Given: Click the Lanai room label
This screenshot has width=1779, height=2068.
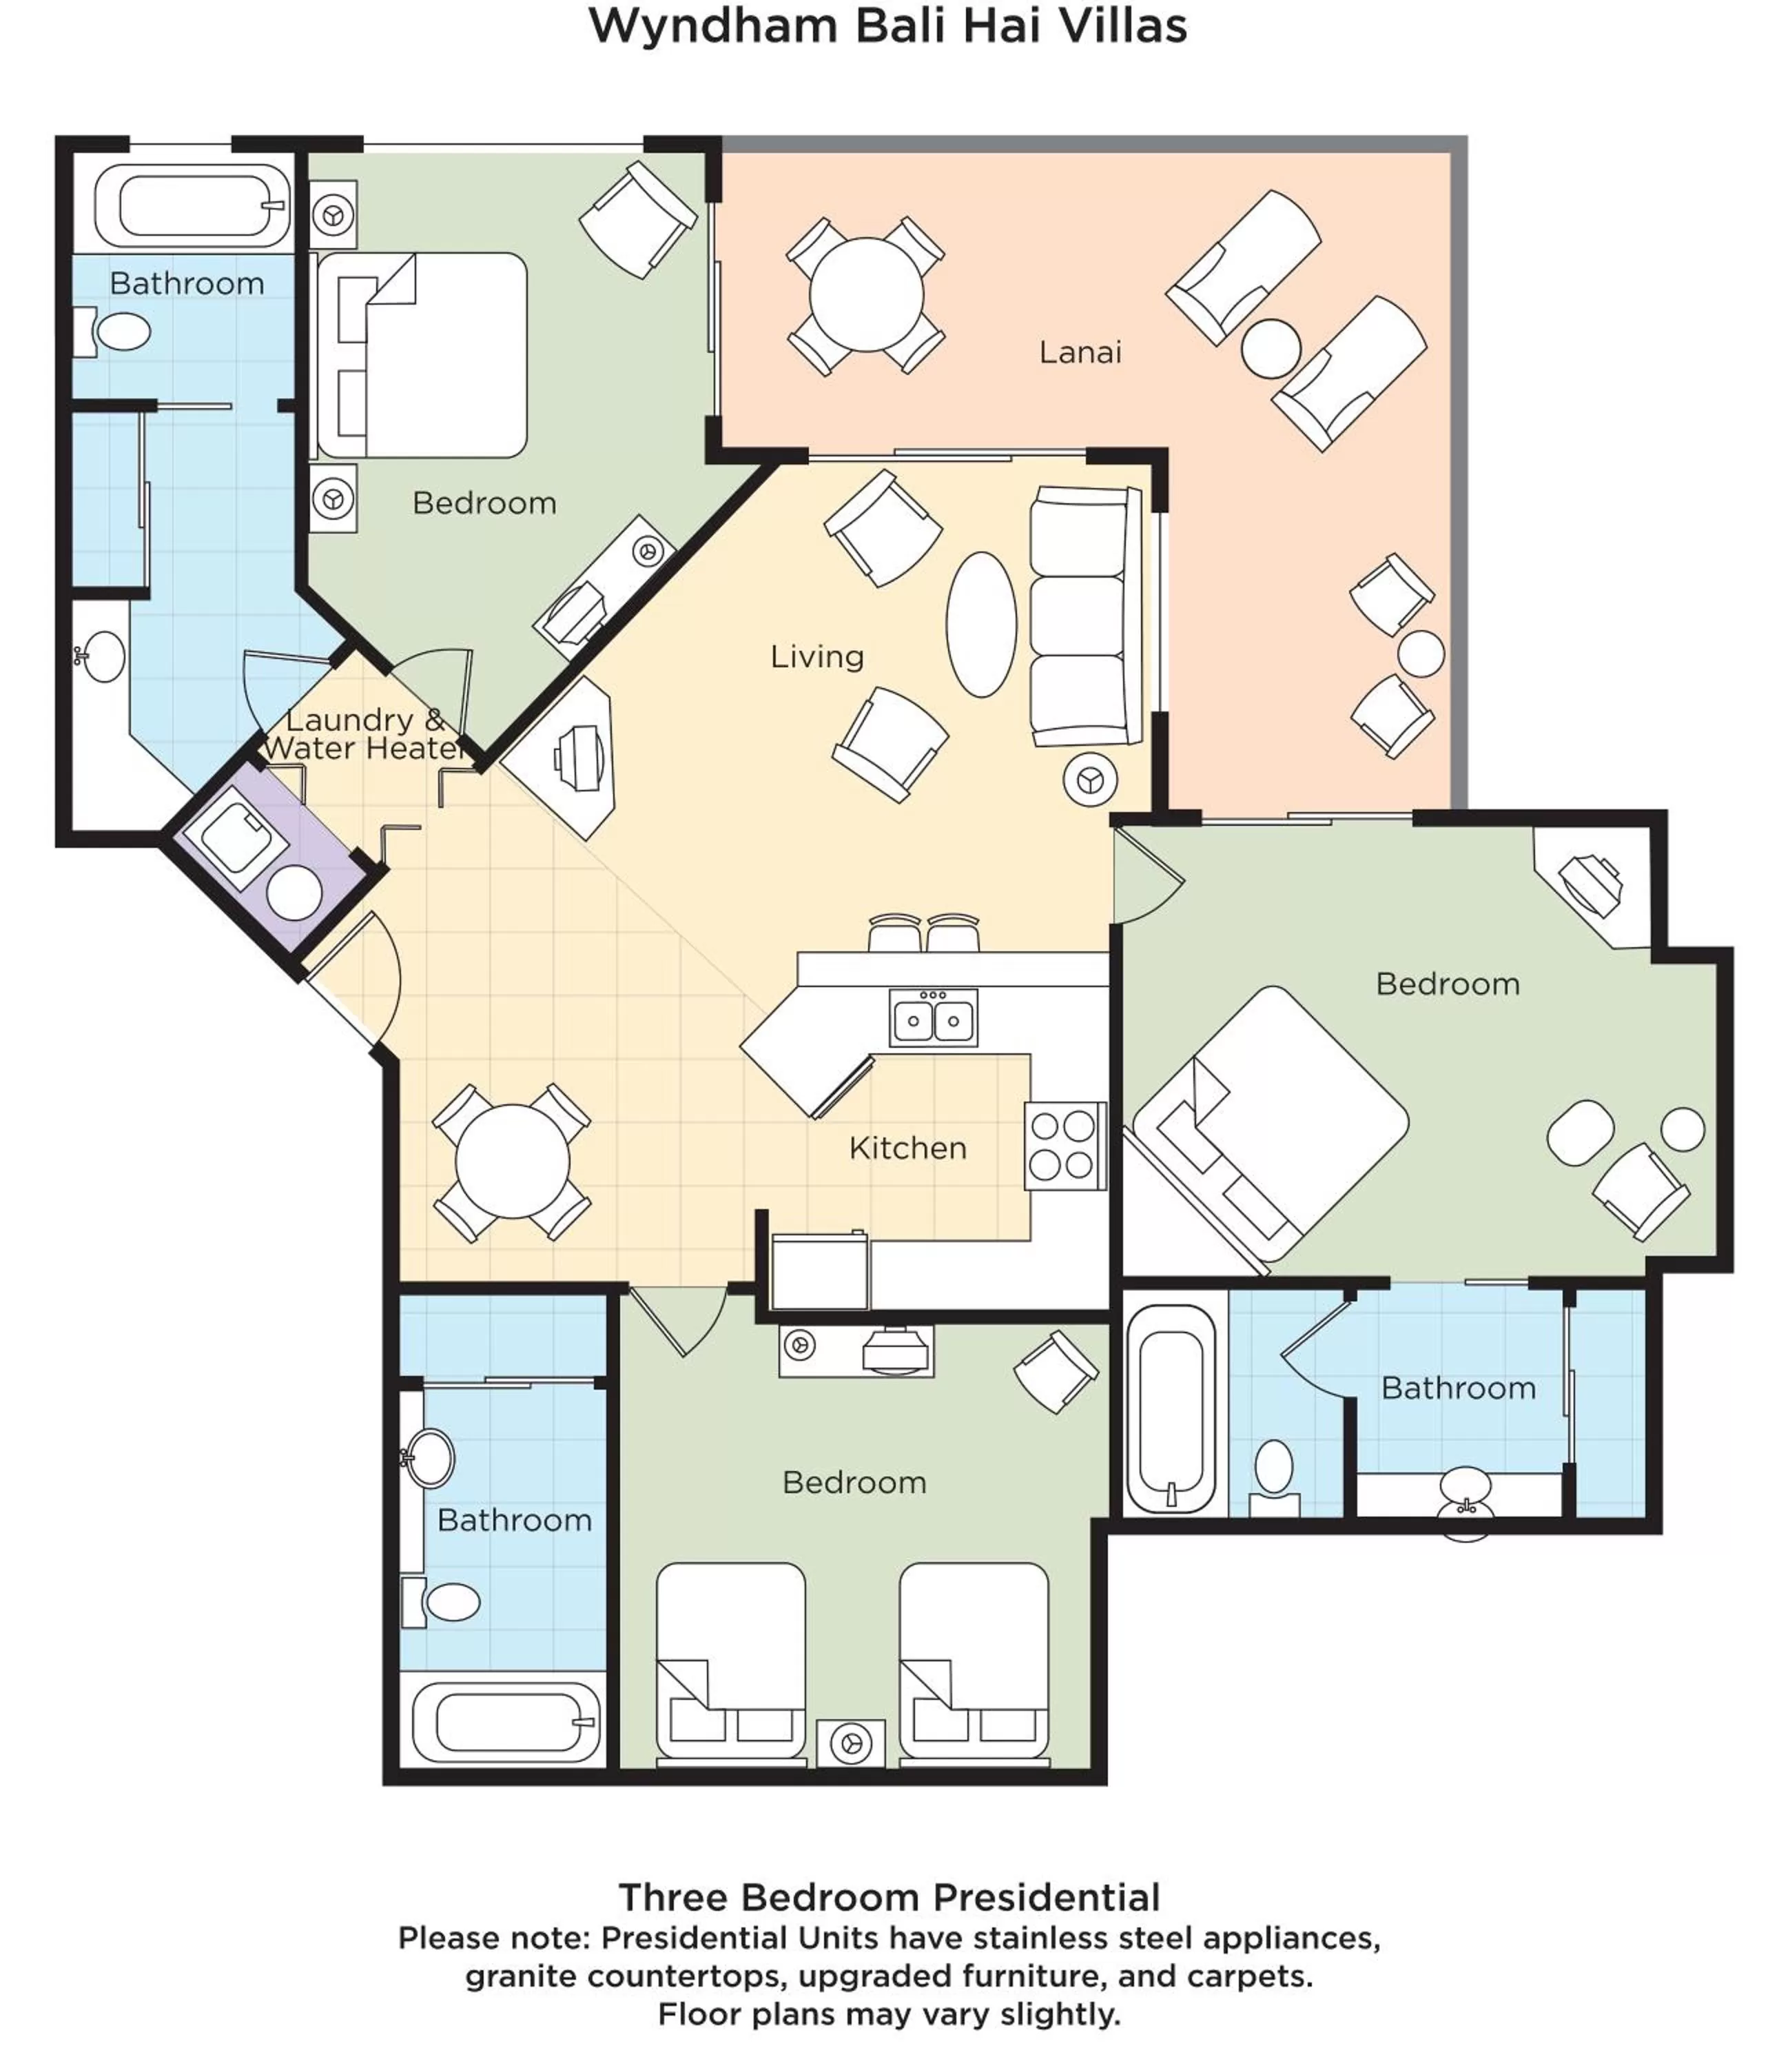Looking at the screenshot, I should click(x=1080, y=352).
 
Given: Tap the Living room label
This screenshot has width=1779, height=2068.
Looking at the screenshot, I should click(x=816, y=657).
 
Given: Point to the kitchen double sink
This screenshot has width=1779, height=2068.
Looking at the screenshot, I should click(x=933, y=1019).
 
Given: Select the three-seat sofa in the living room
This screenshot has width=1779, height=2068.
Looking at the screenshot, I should click(x=1084, y=616).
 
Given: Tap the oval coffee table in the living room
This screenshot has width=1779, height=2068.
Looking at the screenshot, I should click(x=981, y=624).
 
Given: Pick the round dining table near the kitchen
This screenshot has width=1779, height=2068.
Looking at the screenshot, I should click(x=512, y=1161).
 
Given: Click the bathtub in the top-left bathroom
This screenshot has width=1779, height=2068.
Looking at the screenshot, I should click(x=192, y=205).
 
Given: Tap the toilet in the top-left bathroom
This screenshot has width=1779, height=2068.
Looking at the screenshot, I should click(x=115, y=332).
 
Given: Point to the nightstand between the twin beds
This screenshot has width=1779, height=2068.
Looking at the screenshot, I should click(x=850, y=1743).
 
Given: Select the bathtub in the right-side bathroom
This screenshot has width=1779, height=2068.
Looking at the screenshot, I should click(x=1171, y=1408).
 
